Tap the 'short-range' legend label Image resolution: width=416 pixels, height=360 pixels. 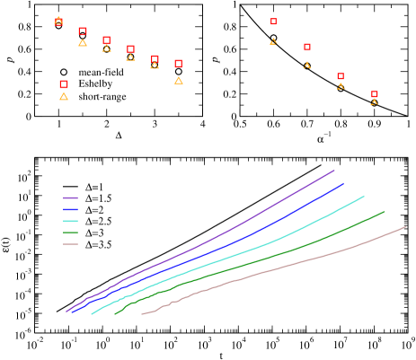102,96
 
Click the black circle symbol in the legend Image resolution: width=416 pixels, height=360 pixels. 64,71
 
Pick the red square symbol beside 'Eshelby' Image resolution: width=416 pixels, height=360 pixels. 64,83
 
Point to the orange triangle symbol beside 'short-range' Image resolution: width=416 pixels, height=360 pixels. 64,95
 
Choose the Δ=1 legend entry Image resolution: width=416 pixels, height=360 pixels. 93,186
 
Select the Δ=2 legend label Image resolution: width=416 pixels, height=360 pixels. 93,209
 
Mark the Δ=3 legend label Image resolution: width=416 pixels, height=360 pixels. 93,233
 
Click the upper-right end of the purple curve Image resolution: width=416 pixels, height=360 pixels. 334,169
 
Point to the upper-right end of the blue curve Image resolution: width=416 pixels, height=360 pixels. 343,183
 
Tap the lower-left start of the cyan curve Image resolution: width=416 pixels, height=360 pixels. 92,314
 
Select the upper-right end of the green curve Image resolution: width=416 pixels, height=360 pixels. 385,211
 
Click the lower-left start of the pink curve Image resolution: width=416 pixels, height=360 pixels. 142,314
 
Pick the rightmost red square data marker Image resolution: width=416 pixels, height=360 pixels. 375,94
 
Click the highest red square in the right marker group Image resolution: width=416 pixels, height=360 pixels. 273,21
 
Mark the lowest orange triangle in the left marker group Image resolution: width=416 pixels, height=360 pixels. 179,81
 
